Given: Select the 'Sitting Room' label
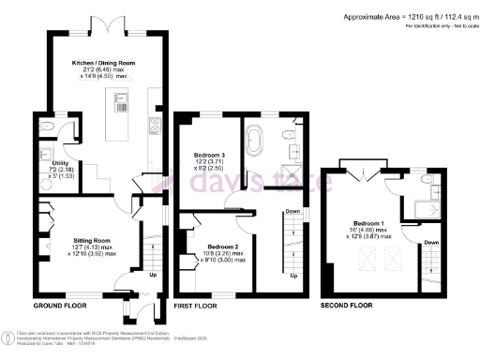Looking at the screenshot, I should [94, 241].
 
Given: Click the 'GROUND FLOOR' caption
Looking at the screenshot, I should [61, 307].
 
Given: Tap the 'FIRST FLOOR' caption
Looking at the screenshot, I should [197, 307].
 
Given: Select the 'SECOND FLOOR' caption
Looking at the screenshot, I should [347, 307].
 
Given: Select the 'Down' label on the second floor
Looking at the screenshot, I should [431, 241].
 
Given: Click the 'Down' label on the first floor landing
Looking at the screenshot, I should [292, 212].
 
